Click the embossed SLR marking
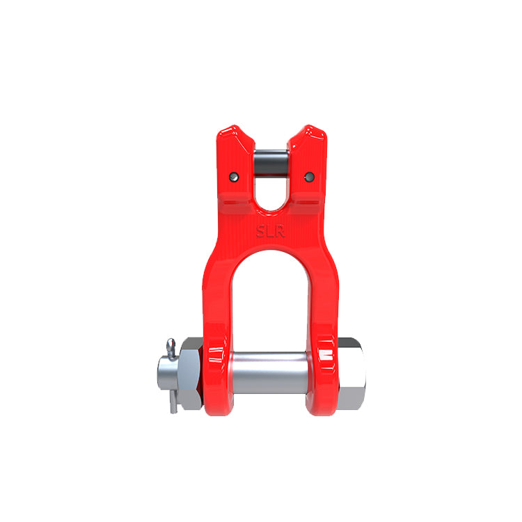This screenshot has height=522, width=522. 270,231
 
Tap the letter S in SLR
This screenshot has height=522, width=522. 261,231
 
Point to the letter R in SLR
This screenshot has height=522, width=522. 280,231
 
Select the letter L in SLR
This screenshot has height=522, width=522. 270,231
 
